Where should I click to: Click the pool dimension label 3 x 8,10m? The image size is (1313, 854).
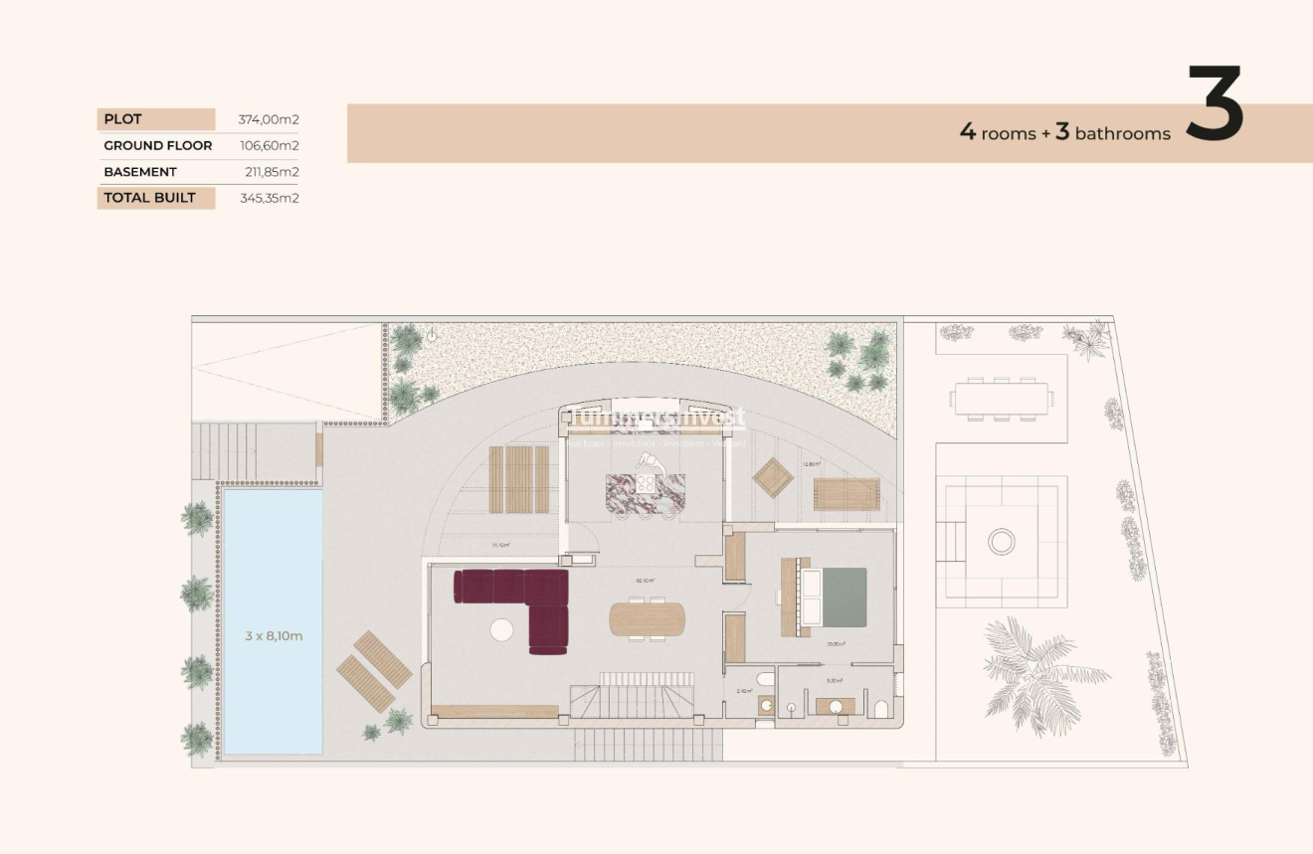point(274,635)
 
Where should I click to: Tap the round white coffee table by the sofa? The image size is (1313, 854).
point(502,629)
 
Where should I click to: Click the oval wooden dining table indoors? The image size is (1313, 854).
point(647,618)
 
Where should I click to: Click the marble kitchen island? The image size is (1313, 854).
point(646,491)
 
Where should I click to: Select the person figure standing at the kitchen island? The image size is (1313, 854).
point(648,464)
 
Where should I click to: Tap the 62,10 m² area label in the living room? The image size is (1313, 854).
point(645,581)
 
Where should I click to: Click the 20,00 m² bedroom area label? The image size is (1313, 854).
point(836,644)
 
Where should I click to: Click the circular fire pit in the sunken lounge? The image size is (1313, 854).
point(1001,542)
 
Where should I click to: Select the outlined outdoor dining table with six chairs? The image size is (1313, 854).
point(1001,400)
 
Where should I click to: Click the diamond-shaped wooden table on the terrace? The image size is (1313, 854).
point(773,478)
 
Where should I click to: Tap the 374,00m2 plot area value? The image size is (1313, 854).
point(269,119)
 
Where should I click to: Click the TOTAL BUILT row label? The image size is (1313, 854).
point(150,197)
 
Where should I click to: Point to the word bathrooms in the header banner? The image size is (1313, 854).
point(1123,134)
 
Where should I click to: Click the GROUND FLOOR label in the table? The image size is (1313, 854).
point(158,145)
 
